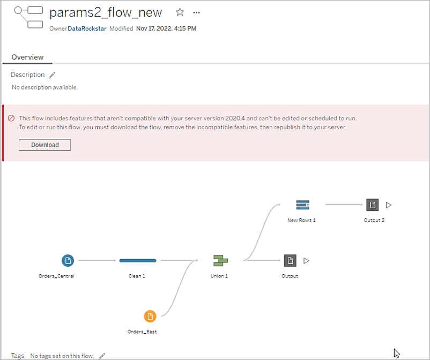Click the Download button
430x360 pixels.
[45, 145]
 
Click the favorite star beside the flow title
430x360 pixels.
[180, 12]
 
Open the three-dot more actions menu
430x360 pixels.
[196, 12]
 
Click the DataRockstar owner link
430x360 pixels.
[87, 28]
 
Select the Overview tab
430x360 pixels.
[27, 57]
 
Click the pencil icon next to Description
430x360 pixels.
[52, 75]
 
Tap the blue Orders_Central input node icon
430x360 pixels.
[68, 260]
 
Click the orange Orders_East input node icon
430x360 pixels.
[150, 317]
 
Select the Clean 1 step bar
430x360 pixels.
[138, 260]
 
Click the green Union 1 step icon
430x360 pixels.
[220, 260]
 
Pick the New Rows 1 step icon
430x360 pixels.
[303, 205]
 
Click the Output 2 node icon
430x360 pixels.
[373, 205]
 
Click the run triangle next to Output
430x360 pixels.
[306, 261]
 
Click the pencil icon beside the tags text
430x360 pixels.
[102, 356]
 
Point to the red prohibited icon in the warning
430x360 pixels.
[11, 118]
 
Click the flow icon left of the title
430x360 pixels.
[28, 17]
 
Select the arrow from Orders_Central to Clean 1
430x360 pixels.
[97, 260]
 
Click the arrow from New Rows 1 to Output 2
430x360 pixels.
[344, 204]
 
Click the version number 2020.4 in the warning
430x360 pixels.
[235, 118]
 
